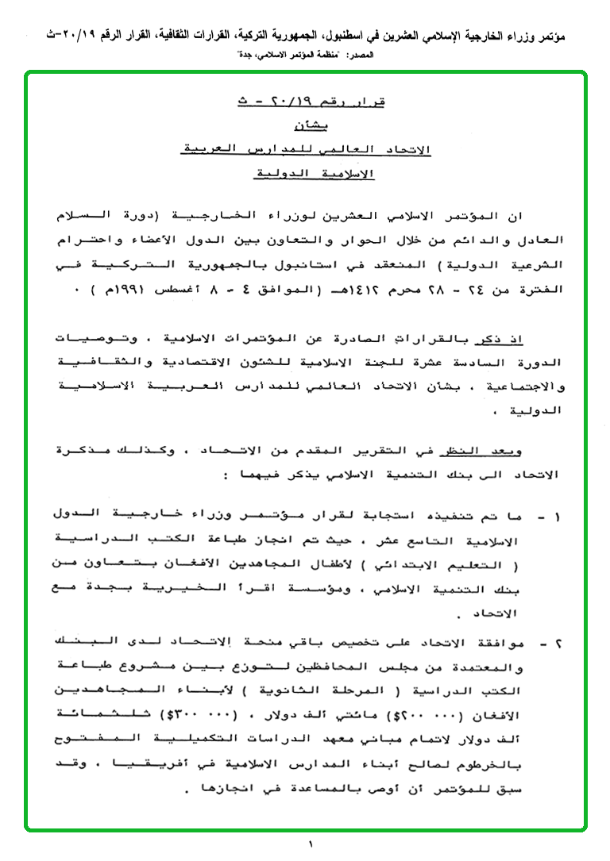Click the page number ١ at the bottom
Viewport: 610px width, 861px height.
311,844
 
